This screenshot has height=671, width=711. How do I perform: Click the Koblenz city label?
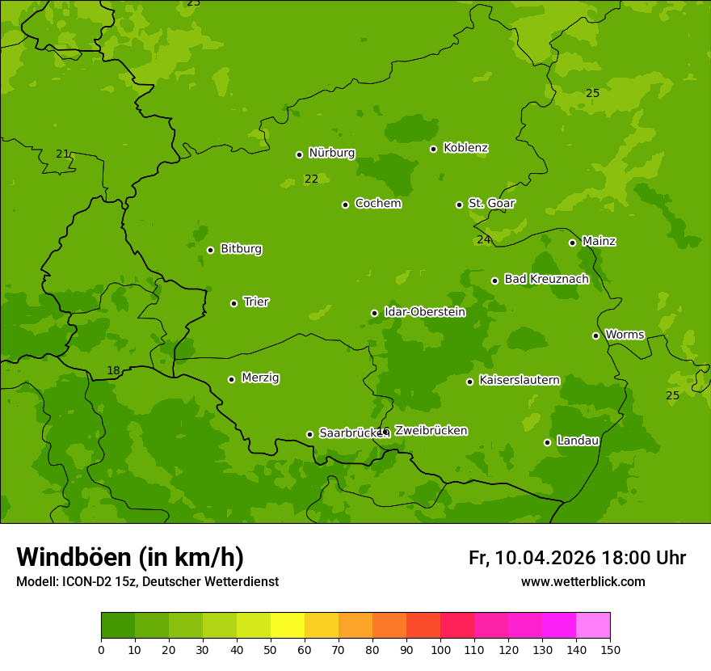[465, 148]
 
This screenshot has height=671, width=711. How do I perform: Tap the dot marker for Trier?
[234, 303]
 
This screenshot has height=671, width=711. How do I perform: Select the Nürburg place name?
[331, 153]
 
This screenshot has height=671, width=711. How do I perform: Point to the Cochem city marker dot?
[346, 205]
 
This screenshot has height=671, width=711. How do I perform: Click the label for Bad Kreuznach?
[546, 279]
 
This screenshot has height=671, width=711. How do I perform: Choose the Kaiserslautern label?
[519, 380]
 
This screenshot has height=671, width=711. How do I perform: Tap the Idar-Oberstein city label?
[424, 311]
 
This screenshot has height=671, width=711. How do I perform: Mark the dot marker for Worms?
[596, 335]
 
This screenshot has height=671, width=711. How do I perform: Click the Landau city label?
[578, 441]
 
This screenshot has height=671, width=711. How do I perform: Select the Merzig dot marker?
[232, 379]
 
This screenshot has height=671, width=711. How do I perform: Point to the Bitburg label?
[241, 249]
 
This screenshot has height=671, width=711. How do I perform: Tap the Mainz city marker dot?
[573, 243]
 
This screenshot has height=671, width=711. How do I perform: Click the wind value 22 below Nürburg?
[311, 179]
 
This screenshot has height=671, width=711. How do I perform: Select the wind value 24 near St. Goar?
[483, 239]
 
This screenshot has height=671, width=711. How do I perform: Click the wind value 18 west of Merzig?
[113, 371]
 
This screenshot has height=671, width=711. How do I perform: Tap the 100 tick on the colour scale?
[440, 649]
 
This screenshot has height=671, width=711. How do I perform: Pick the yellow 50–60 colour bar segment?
[288, 626]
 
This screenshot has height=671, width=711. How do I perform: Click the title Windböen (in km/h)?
[130, 557]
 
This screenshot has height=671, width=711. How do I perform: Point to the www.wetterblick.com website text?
[583, 581]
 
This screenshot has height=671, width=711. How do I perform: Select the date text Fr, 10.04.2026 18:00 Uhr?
[577, 558]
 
